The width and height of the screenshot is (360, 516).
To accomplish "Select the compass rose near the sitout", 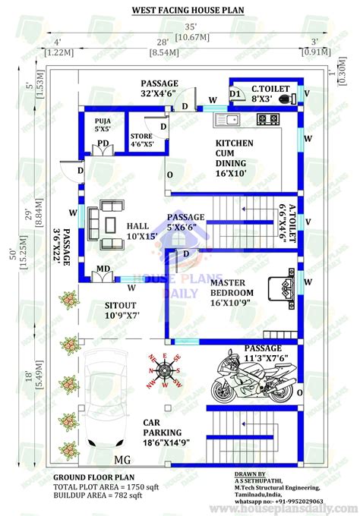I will pyautogui.click(x=163, y=371).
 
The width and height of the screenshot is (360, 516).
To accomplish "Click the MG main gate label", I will pyautogui.click(x=122, y=460).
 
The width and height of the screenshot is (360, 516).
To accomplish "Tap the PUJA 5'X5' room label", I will pyautogui.click(x=104, y=124).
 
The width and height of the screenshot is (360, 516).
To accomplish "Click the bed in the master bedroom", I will pyautogui.click(x=283, y=289).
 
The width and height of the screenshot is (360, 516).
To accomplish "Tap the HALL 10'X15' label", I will pyautogui.click(x=138, y=231).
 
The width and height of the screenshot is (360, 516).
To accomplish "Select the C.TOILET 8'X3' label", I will pyautogui.click(x=267, y=92).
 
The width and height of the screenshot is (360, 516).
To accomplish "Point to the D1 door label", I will pyautogui.click(x=235, y=95).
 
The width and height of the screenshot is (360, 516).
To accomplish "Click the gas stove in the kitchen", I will pyautogui.click(x=267, y=118).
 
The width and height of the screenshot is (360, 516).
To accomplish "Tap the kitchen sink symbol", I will pyautogui.click(x=226, y=119).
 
